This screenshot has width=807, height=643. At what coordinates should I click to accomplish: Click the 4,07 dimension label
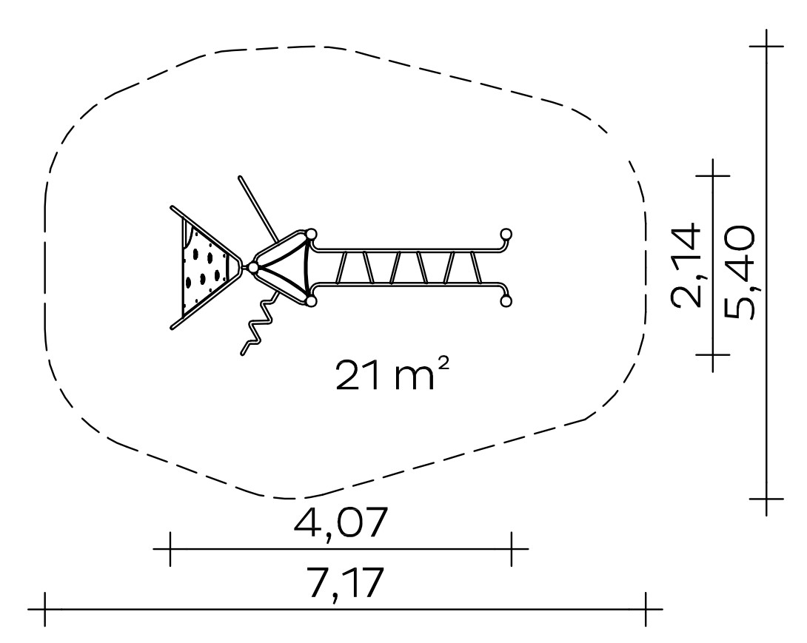tap(340, 522)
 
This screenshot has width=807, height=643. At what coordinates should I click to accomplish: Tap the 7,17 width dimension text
tap(346, 582)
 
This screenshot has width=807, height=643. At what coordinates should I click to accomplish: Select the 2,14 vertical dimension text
tap(686, 264)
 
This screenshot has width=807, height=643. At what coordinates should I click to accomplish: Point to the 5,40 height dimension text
tap(739, 271)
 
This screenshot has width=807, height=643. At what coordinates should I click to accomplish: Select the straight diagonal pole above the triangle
tap(258, 209)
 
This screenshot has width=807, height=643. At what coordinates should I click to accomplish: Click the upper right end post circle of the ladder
tap(506, 235)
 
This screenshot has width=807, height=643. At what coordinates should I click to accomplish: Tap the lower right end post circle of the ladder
tap(506, 301)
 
